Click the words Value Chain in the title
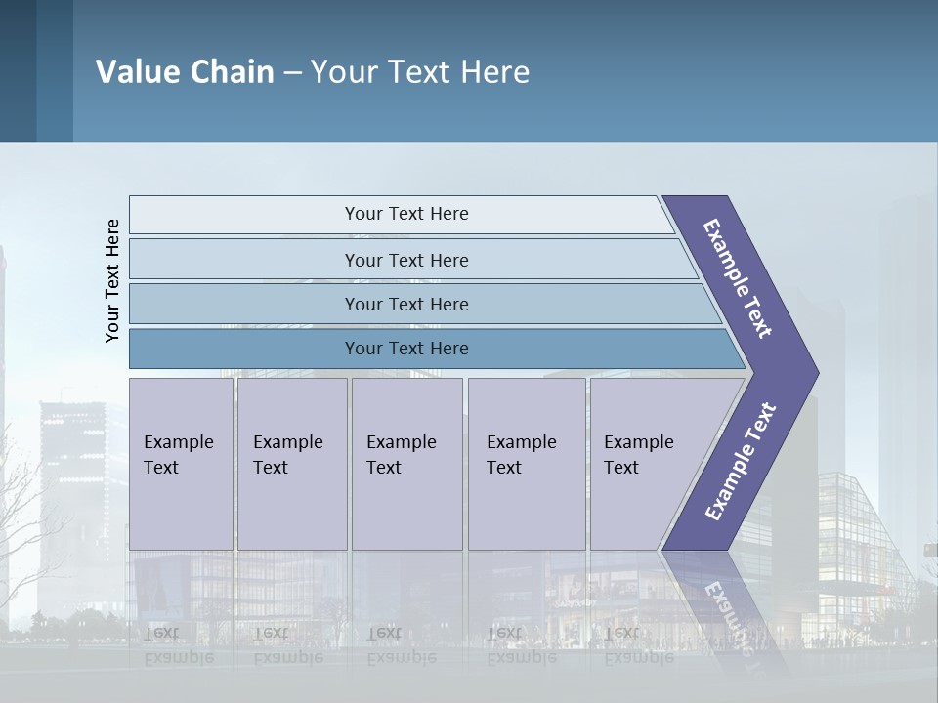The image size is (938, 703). click(x=185, y=71)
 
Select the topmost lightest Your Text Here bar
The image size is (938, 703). click(x=405, y=214)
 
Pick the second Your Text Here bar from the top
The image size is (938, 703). click(x=405, y=260)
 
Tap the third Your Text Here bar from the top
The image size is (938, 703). click(x=405, y=304)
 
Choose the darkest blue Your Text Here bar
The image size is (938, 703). click(x=405, y=349)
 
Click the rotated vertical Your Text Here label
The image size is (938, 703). click(x=112, y=280)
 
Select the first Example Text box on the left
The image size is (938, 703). click(x=181, y=463)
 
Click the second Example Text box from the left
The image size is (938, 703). click(x=291, y=463)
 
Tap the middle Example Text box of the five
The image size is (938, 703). click(x=406, y=463)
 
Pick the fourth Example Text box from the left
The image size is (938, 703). click(x=526, y=463)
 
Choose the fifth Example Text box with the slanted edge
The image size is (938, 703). click(x=645, y=463)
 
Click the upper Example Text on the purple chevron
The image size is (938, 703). click(x=738, y=278)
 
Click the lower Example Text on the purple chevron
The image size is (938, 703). click(x=740, y=462)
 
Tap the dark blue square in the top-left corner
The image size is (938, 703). click(x=18, y=70)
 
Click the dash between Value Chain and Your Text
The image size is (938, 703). click(x=292, y=72)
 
